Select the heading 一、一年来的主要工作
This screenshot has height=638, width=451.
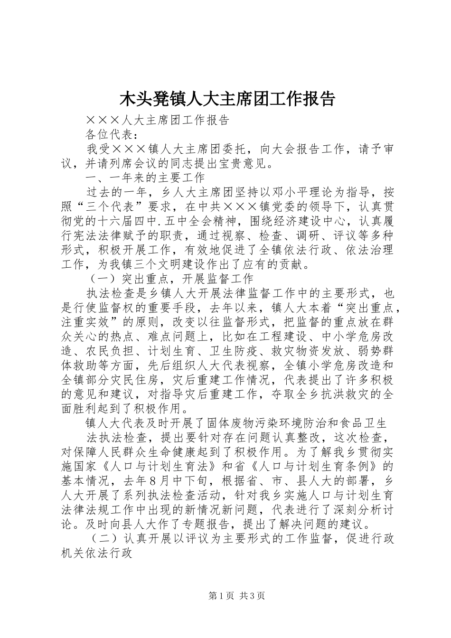coord(145,178)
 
